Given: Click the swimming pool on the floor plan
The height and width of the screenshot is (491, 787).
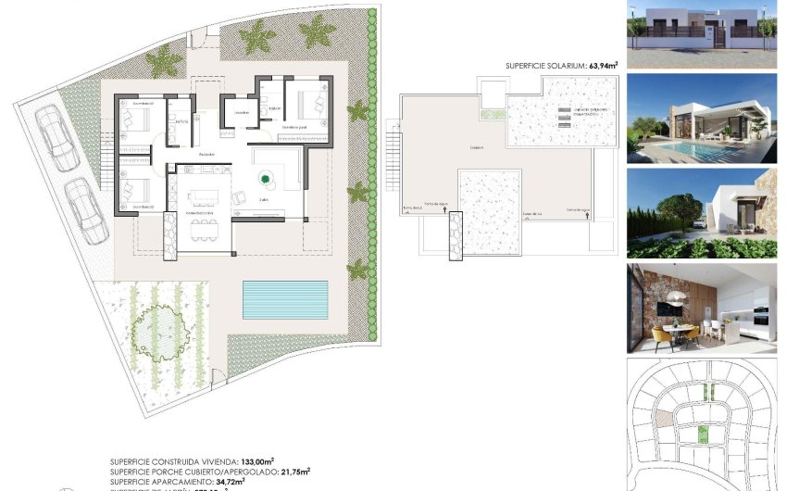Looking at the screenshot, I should tap(284, 297).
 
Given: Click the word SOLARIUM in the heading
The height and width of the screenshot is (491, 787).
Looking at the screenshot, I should tap(564, 67).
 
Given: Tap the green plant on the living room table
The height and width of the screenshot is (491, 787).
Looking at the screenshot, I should tap(267, 179).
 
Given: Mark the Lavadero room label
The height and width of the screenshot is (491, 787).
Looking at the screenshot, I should tap(242, 113).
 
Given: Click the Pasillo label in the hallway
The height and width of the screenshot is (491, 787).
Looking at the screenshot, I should tap(206, 154).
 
